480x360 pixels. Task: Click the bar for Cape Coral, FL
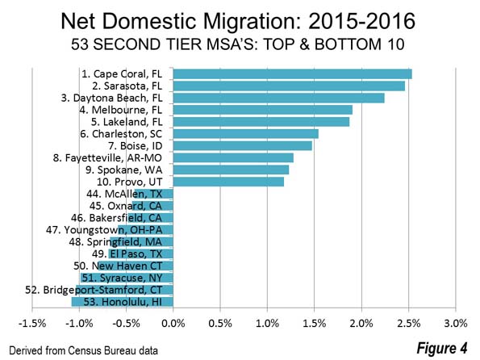pyautogui.click(x=292, y=74)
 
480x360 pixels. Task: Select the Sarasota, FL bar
pyautogui.click(x=289, y=86)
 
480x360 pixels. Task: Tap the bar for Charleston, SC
pyautogui.click(x=246, y=134)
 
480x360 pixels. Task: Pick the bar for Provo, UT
pyautogui.click(x=228, y=182)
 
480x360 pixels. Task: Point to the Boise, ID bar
pyautogui.click(x=243, y=146)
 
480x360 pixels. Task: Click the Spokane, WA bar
pyautogui.click(x=231, y=170)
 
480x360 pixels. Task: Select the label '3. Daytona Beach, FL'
pyautogui.click(x=112, y=98)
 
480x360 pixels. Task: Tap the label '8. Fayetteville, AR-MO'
pyautogui.click(x=107, y=158)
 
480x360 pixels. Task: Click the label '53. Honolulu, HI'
pyautogui.click(x=123, y=302)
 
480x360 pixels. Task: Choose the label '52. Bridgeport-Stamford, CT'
pyautogui.click(x=94, y=290)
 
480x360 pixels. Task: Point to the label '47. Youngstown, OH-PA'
pyautogui.click(x=104, y=230)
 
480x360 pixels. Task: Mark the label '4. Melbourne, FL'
pyautogui.click(x=121, y=110)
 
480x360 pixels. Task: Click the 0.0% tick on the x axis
pyautogui.click(x=173, y=323)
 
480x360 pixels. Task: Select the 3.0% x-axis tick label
pyautogui.click(x=456, y=323)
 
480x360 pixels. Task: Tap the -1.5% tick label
pyautogui.click(x=32, y=323)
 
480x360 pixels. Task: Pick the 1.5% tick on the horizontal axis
pyautogui.click(x=315, y=323)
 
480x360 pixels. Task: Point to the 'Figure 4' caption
pyautogui.click(x=442, y=348)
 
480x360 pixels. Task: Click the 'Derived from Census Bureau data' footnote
pyautogui.click(x=84, y=350)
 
